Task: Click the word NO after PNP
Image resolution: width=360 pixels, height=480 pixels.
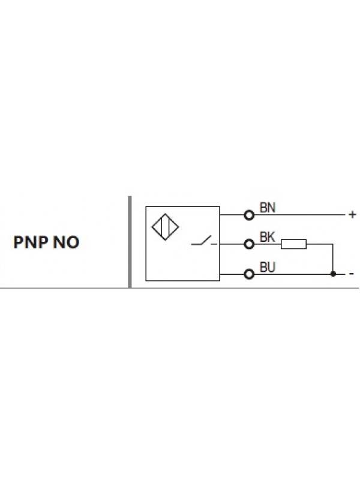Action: [x=66, y=244]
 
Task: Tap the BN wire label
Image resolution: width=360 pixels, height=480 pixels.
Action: [x=267, y=208]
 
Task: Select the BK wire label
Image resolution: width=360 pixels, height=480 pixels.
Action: [x=267, y=238]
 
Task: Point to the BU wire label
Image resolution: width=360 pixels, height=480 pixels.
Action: [x=267, y=268]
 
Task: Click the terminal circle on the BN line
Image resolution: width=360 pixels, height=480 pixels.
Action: [x=250, y=214]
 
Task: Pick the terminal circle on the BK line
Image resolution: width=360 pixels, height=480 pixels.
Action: [x=250, y=244]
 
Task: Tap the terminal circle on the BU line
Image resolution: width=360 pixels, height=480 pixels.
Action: [x=250, y=274]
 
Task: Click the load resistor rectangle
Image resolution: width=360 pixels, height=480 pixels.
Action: [x=294, y=244]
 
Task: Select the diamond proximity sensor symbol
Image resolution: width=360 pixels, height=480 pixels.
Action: [x=166, y=228]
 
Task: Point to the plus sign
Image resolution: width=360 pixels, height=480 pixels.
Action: [x=352, y=214]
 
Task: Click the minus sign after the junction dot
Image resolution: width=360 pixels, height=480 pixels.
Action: [x=351, y=274]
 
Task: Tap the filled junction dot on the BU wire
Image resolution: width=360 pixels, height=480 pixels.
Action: [x=332, y=274]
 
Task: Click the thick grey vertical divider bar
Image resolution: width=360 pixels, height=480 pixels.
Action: [x=130, y=241]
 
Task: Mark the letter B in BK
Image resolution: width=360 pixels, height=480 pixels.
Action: [x=263, y=238]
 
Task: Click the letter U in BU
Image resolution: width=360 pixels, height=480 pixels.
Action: [x=271, y=268]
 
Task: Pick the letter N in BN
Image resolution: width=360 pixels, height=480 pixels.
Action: [x=271, y=208]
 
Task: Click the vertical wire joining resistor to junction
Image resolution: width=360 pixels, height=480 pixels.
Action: [x=332, y=259]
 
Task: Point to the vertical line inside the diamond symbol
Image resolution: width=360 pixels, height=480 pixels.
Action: [x=166, y=228]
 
